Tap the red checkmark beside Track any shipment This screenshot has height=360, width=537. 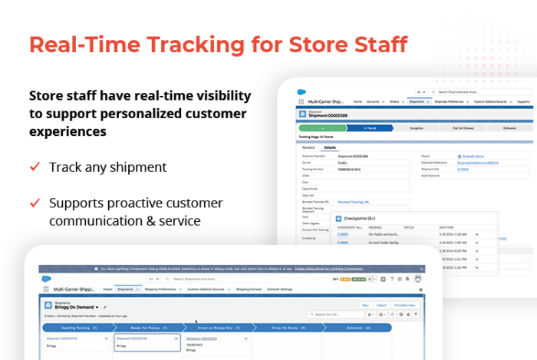[35, 167]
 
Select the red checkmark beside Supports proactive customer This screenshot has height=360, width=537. [35, 203]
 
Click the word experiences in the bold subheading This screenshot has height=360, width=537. [68, 131]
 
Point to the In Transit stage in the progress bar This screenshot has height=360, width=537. [369, 128]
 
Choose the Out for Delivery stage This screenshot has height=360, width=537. [463, 128]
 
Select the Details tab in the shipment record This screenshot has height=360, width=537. [330, 147]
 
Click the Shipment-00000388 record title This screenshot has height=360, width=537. [328, 115]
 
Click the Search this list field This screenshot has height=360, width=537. [334, 315]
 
